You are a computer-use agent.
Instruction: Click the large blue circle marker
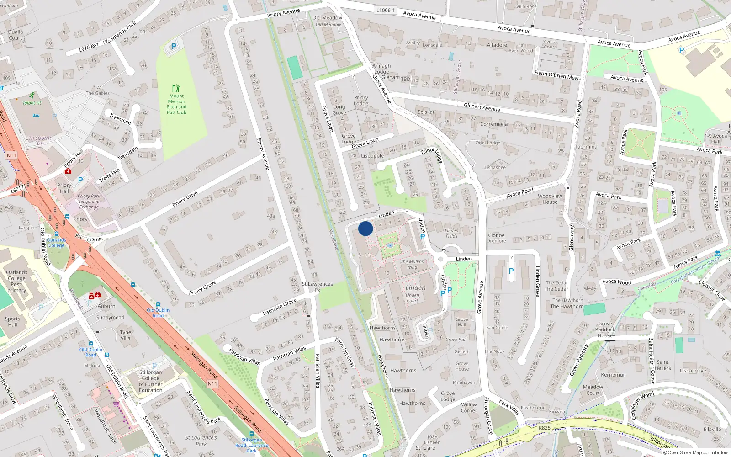tap(365, 228)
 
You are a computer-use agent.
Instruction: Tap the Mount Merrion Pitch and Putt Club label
tap(176, 104)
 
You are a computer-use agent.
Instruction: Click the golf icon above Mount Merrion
tap(176, 88)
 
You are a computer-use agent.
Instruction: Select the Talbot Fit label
tap(32, 103)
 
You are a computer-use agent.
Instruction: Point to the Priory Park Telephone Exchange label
tap(89, 202)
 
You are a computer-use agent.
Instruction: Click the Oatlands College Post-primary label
tap(16, 281)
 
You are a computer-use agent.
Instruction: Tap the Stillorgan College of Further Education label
tap(150, 381)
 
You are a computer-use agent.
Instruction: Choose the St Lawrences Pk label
tap(317, 287)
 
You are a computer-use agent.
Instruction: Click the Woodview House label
tap(550, 199)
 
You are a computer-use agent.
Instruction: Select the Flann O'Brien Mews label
tap(557, 75)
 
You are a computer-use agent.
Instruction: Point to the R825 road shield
tap(544, 428)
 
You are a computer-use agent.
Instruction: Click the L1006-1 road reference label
tap(386, 10)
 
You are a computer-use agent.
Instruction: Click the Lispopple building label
tap(372, 156)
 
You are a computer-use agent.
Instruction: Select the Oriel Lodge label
tap(487, 143)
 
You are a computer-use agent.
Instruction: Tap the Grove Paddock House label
tap(605, 329)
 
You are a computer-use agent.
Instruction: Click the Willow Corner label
tap(469, 407)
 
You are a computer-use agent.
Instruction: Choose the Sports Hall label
tap(12, 322)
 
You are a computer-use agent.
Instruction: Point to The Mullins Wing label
tap(412, 264)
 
